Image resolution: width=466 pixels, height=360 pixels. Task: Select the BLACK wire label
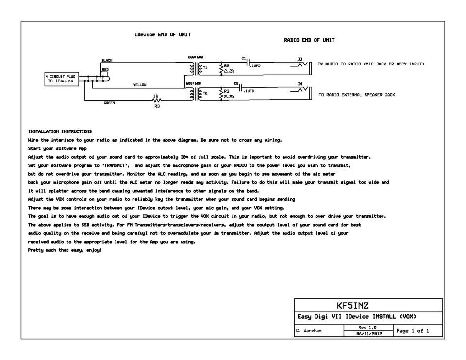click(x=107, y=61)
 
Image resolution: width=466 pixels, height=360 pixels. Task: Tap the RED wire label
click(x=105, y=70)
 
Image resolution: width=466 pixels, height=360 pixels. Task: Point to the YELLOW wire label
click(x=140, y=85)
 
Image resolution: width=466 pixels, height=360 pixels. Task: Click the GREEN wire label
click(x=109, y=103)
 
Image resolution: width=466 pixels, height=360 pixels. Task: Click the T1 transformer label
click(x=205, y=68)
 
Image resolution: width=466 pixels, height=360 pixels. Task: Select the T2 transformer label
click(x=205, y=92)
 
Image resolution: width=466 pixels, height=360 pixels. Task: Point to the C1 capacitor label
click(x=244, y=57)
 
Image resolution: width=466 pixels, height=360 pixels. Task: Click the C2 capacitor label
click(x=236, y=83)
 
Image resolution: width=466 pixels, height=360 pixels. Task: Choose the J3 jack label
click(x=300, y=58)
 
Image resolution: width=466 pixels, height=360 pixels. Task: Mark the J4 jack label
click(x=300, y=83)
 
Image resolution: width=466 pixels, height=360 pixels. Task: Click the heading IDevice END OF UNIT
click(x=163, y=35)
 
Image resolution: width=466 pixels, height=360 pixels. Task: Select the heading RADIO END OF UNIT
click(x=309, y=41)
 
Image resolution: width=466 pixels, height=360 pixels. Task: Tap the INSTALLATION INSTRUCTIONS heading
click(x=60, y=131)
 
